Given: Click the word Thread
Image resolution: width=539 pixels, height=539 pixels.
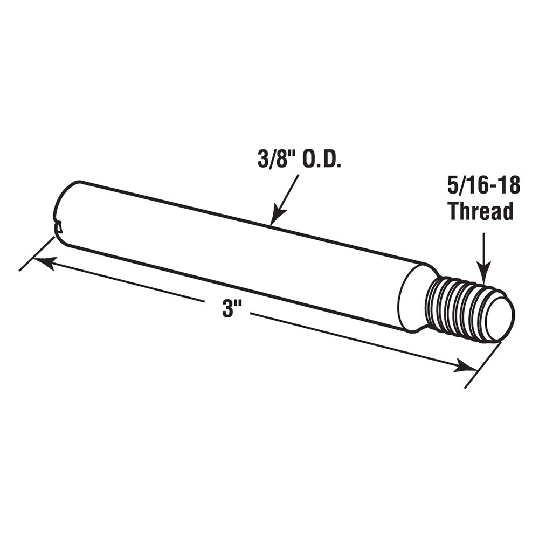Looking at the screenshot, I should [x=481, y=212].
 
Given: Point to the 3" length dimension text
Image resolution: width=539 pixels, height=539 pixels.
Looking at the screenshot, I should [x=232, y=310].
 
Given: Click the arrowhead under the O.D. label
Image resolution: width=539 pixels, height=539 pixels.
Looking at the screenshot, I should [x=275, y=218].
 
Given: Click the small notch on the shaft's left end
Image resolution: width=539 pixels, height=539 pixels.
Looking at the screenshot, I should [x=59, y=228].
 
